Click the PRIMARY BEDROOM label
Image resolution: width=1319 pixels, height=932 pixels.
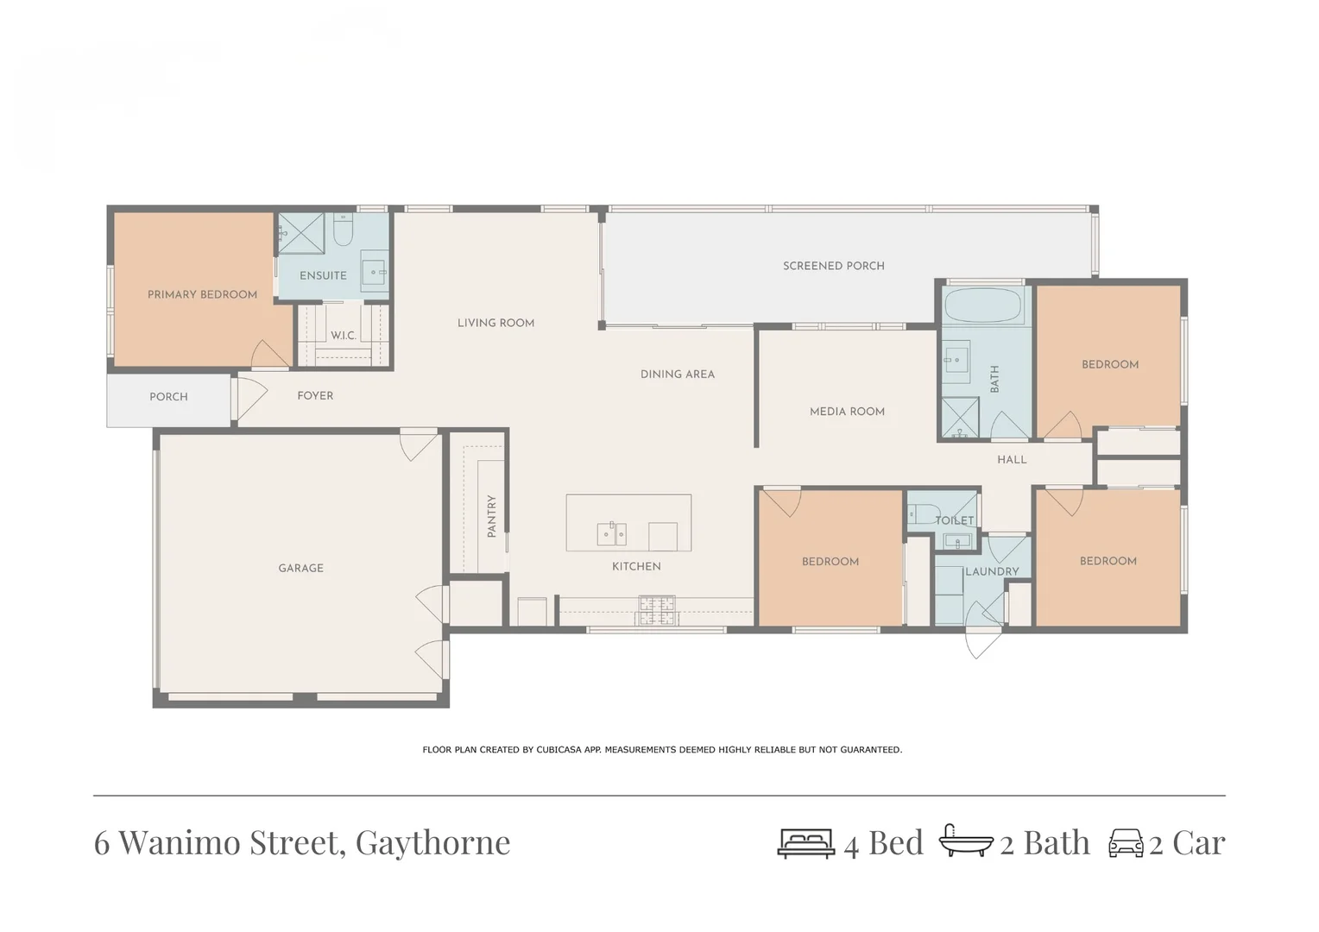tap(202, 294)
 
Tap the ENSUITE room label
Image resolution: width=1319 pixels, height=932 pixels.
tap(323, 275)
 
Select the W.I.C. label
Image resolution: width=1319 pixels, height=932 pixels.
tap(343, 335)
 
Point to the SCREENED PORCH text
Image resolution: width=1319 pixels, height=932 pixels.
tap(833, 266)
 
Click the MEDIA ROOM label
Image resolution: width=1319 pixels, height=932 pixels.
tap(847, 412)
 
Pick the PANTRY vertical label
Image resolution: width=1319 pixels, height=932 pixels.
tap(491, 516)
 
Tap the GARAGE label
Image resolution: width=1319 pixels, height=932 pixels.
tap(300, 568)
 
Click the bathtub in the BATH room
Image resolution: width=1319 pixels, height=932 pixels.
tap(982, 305)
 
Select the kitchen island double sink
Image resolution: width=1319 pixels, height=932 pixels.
tap(612, 534)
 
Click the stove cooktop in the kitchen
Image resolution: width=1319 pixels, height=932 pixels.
tap(656, 610)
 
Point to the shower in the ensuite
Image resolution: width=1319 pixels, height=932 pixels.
tap(301, 233)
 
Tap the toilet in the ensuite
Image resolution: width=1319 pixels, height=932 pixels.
tap(343, 230)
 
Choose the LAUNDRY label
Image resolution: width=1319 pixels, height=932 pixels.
tap(992, 571)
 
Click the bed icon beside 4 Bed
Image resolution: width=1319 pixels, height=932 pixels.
tap(805, 843)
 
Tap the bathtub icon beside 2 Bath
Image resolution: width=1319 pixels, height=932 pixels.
tap(965, 841)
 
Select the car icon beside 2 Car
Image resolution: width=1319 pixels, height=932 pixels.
tap(1126, 843)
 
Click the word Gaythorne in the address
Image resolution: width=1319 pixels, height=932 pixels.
tap(432, 842)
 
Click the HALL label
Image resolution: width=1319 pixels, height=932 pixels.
tap(1012, 460)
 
